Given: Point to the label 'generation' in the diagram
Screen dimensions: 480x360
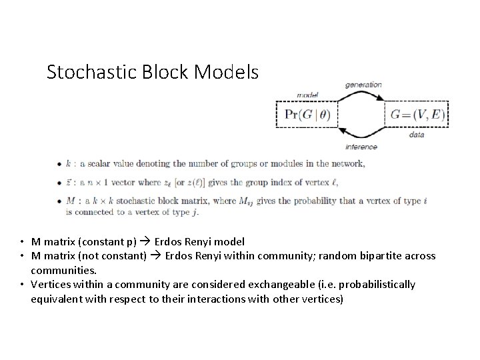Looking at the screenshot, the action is [363, 85].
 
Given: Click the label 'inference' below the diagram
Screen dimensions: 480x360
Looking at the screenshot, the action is [362, 146].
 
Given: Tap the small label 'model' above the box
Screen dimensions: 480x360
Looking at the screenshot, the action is [307, 95].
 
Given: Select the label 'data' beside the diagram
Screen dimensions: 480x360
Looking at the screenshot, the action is [417, 135].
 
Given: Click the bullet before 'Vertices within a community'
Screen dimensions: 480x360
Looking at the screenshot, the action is [23, 285].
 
